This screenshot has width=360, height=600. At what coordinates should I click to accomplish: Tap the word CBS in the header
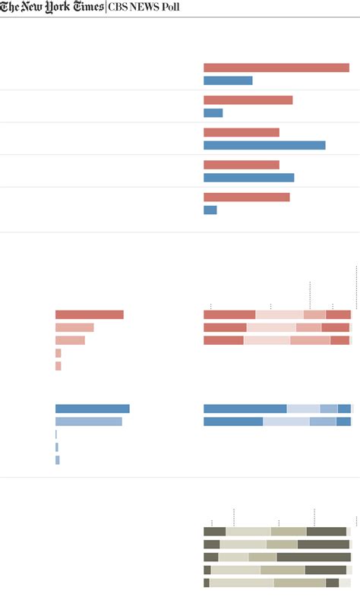tap(119, 8)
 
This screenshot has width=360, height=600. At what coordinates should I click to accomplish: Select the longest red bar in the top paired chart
tap(276, 68)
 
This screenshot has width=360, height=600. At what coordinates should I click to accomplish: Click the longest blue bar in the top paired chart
tap(264, 145)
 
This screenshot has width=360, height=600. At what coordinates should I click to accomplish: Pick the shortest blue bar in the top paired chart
tap(210, 210)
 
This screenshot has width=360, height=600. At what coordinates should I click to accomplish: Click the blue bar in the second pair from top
tap(213, 112)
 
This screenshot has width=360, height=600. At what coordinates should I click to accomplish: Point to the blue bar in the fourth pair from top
tap(248, 177)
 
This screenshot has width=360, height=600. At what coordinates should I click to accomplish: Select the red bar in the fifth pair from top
tap(246, 197)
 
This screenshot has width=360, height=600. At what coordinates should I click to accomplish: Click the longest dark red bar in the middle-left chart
tap(89, 314)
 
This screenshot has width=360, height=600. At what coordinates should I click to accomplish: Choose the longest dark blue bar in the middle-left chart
tap(92, 409)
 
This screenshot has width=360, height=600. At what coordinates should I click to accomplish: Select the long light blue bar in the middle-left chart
tap(88, 422)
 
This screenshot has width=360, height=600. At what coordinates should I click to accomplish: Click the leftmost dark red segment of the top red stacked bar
tap(229, 314)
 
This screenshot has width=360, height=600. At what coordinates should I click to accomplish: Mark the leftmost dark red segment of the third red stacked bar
tap(223, 340)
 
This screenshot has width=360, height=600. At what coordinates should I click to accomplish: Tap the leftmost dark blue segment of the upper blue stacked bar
tap(245, 409)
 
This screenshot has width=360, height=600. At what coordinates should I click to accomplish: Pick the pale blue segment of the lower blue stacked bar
tap(286, 422)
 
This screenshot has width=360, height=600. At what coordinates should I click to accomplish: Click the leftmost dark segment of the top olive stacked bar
tap(214, 532)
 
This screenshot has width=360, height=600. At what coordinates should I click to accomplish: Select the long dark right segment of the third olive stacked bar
tap(313, 557)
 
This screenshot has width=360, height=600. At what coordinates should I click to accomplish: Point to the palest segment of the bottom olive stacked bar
tap(242, 583)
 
